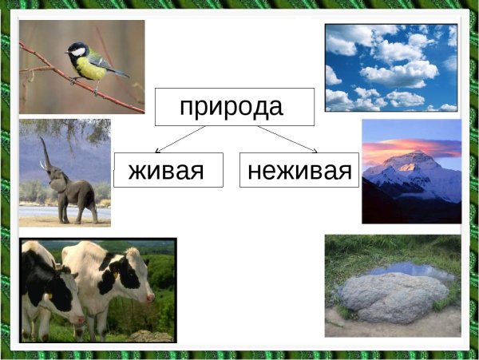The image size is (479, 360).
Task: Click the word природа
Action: (x=232, y=106)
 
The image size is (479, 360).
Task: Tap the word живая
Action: (x=166, y=170)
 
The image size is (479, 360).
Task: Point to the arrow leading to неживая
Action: (x=287, y=139)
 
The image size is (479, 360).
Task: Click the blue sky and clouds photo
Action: (x=390, y=67)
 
